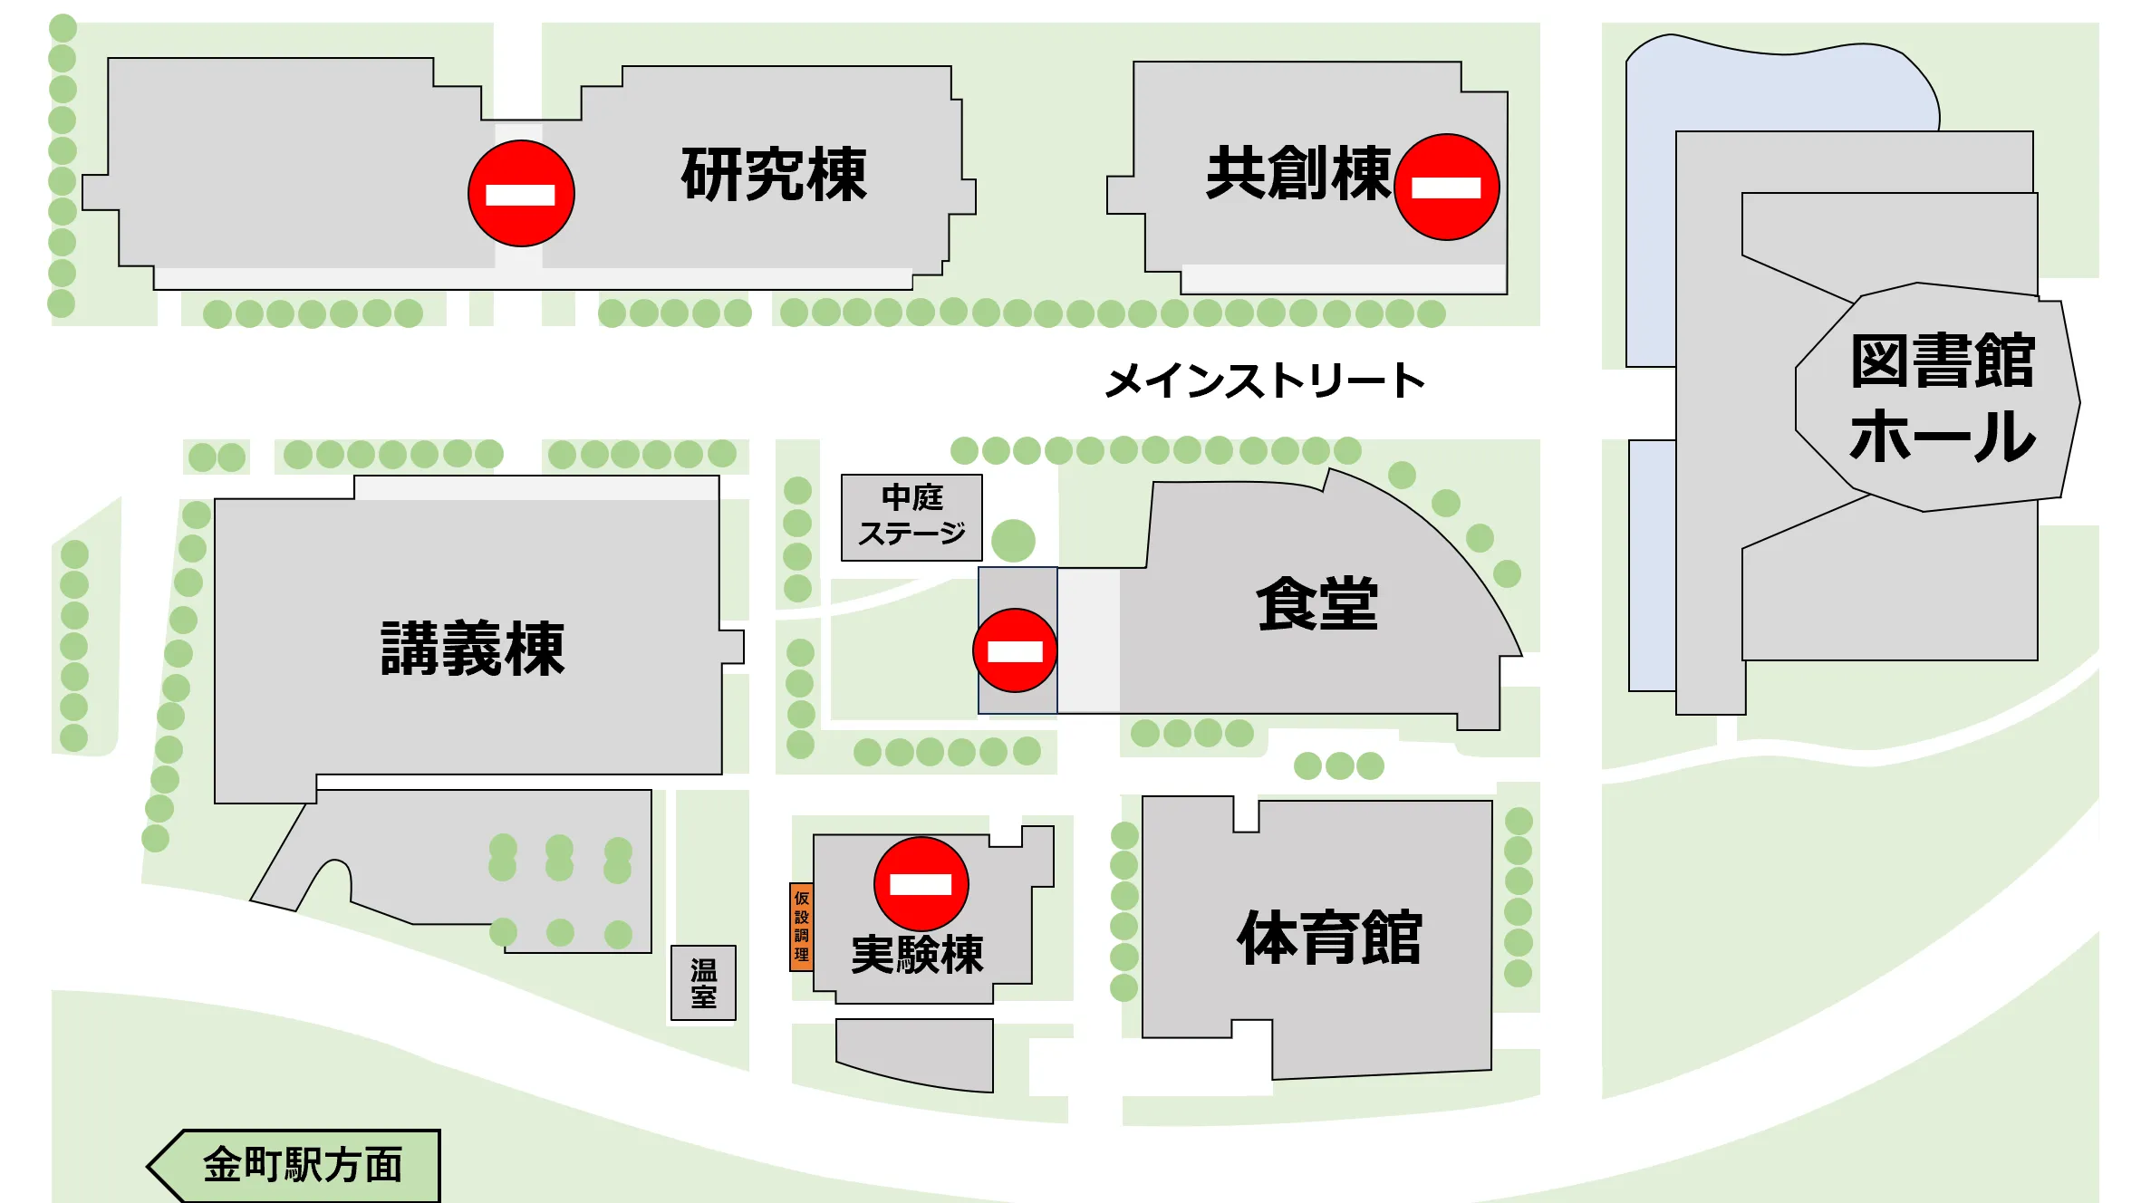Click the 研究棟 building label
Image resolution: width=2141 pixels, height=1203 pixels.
(x=774, y=174)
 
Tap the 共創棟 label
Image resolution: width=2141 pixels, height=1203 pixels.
(x=1297, y=172)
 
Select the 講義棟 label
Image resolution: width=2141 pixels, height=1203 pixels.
(x=472, y=649)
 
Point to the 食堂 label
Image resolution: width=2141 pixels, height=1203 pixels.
(x=1316, y=604)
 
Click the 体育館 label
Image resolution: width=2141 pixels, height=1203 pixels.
(x=1329, y=938)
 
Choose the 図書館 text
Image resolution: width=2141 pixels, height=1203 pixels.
(x=1943, y=361)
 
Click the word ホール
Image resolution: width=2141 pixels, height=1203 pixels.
(x=1943, y=437)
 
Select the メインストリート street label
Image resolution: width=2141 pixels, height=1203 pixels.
(x=1265, y=381)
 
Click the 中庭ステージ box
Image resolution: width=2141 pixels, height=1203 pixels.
(x=911, y=517)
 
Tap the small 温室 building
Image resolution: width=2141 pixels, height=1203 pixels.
(x=703, y=984)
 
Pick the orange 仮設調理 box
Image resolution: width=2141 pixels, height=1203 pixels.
(x=801, y=926)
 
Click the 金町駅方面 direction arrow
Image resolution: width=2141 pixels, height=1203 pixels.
(x=294, y=1165)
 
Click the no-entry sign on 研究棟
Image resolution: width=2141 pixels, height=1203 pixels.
(x=521, y=194)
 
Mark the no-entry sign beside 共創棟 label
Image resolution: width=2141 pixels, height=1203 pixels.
(x=1446, y=188)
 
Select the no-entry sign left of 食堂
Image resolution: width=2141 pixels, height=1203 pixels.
(x=1015, y=650)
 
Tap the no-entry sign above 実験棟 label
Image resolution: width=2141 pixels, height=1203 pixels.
(x=921, y=884)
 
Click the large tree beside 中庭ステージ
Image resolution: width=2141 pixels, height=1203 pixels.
(x=1013, y=541)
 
